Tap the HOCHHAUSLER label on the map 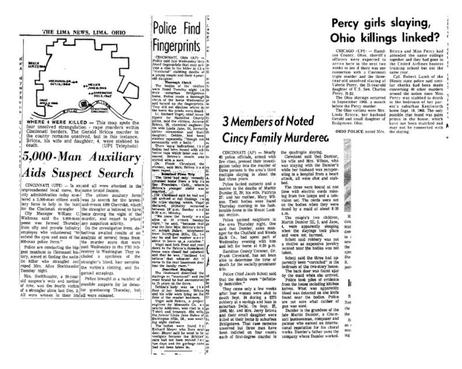coord(59,81)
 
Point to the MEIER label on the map coord(92,84)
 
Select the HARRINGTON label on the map coord(102,93)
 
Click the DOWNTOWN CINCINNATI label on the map coord(99,110)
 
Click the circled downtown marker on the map coord(83,104)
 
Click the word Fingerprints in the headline coord(172,44)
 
